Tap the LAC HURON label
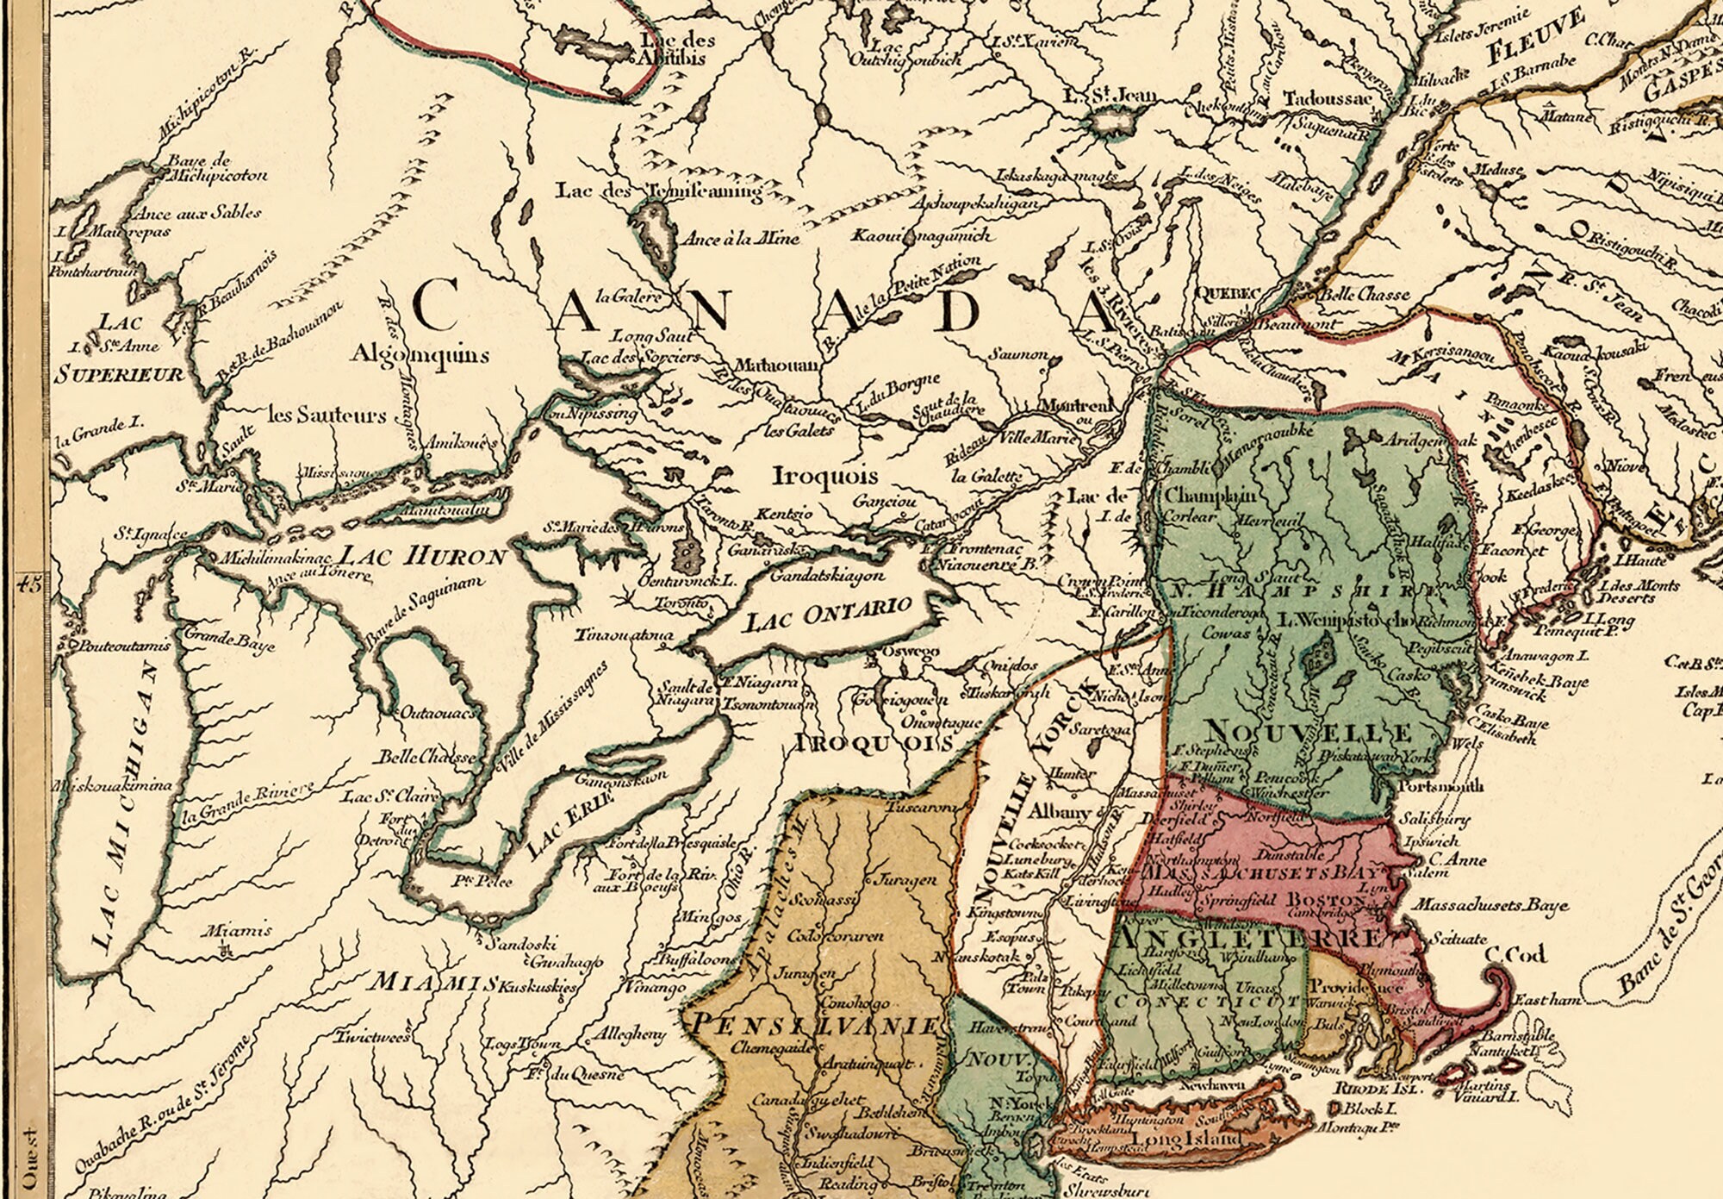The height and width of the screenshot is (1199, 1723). [x=421, y=556]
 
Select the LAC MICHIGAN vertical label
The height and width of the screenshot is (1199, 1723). [x=125, y=806]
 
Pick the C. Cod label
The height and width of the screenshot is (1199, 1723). [x=1515, y=954]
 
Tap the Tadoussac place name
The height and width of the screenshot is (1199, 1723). [x=1327, y=99]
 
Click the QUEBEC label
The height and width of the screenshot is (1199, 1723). [x=1229, y=293]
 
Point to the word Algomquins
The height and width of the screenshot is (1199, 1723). [x=420, y=353]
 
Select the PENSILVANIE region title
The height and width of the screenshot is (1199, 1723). [x=815, y=1026]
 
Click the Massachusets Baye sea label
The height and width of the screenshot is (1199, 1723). [x=1490, y=906]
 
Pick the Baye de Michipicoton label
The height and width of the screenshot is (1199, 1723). [x=216, y=168]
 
